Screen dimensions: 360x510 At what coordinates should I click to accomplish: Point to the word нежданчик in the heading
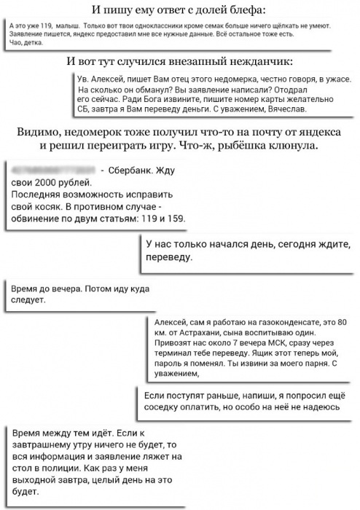coord(258,60)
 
